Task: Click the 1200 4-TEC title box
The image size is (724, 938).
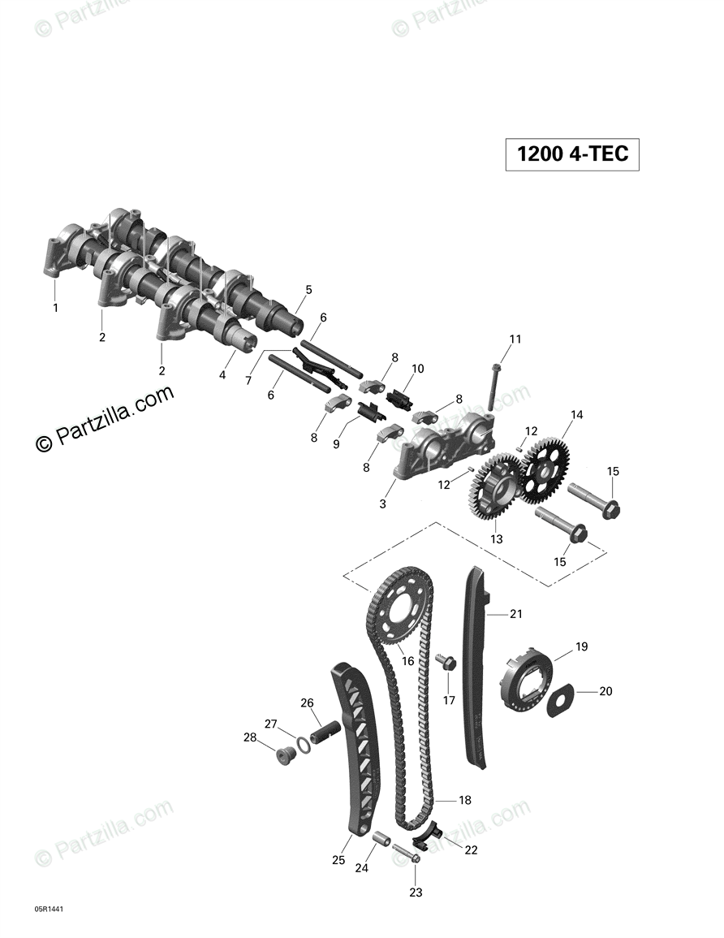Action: (572, 154)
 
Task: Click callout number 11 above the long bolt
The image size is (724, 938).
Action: (515, 339)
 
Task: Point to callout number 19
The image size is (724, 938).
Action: (581, 646)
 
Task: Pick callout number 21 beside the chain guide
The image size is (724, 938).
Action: (516, 613)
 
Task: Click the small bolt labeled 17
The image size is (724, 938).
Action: (446, 663)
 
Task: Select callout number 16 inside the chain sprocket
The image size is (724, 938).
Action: (407, 661)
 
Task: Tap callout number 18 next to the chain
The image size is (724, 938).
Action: (464, 800)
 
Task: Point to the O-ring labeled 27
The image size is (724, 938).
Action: (302, 744)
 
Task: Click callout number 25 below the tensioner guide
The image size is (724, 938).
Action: (338, 860)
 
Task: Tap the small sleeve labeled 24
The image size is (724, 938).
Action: (381, 838)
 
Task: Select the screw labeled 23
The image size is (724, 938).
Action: (407, 854)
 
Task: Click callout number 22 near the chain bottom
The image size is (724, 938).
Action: (471, 849)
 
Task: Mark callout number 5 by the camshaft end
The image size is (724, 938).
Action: (308, 289)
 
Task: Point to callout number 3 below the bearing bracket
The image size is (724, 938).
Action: (382, 504)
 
